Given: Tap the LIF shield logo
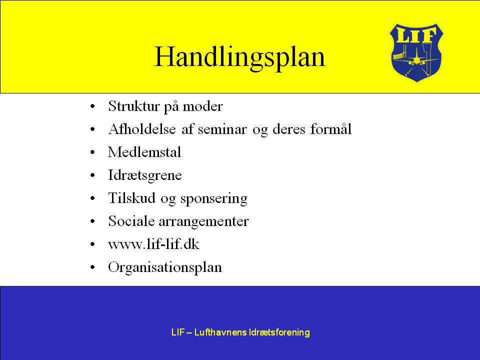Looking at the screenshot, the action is (x=416, y=52).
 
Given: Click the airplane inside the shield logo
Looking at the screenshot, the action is (x=416, y=58).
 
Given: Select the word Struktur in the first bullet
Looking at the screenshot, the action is (x=134, y=106).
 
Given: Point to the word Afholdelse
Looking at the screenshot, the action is (x=142, y=129).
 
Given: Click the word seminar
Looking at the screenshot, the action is (x=222, y=129).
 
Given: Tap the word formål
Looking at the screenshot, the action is (x=330, y=129).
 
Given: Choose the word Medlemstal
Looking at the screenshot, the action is (x=144, y=152).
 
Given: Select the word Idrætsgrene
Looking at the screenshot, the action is (x=145, y=175).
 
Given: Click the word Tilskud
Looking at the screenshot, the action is (x=131, y=198).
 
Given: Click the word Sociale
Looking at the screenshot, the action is (x=131, y=221).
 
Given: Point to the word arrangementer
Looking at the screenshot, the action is (x=204, y=221).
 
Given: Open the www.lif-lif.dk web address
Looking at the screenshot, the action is (x=153, y=244).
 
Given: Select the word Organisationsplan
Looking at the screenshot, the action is (x=165, y=267).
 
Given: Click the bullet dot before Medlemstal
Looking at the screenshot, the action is (x=93, y=152).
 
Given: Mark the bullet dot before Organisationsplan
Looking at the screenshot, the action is (x=93, y=267).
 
